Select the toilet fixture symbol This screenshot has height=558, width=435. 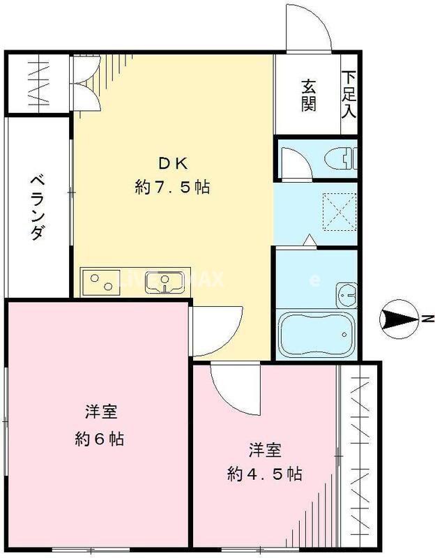(344, 160)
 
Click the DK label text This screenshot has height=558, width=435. (171, 163)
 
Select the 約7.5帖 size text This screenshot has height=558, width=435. (171, 187)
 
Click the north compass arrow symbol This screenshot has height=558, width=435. (399, 320)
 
